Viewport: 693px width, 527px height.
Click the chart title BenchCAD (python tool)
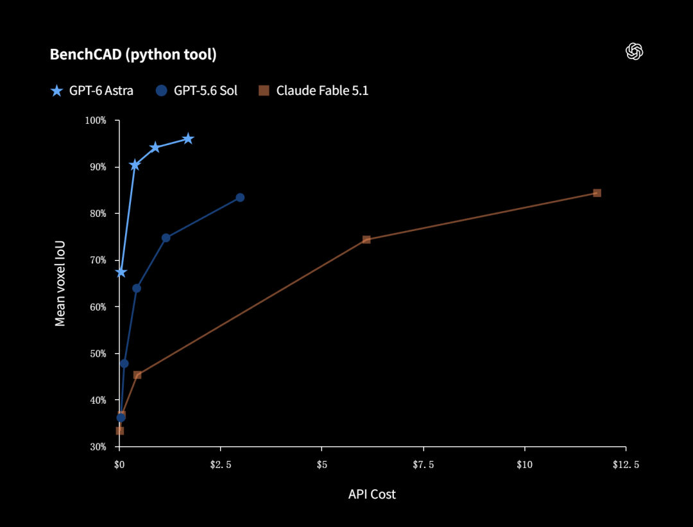[133, 55]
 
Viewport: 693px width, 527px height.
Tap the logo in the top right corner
[634, 51]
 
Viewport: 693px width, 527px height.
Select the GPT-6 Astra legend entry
[92, 91]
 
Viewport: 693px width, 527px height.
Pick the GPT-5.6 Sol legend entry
[197, 91]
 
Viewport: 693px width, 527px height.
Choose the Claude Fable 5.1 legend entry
[313, 91]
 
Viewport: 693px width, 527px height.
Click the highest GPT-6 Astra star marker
[188, 139]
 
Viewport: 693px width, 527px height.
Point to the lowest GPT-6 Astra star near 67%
[121, 272]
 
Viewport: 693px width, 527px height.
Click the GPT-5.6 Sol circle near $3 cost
[240, 197]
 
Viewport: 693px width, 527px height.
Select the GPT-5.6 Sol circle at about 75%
[166, 238]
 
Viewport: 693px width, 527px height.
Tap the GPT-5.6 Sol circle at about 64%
[137, 288]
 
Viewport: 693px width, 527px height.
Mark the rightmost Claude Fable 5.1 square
[597, 193]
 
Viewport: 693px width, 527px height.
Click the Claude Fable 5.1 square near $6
[366, 239]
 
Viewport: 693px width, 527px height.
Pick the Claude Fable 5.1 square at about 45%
[137, 375]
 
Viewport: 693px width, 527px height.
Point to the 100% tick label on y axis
[96, 120]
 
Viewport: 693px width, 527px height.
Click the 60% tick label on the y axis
[98, 307]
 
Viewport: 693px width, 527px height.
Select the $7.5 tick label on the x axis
[424, 465]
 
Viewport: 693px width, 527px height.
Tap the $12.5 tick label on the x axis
[626, 465]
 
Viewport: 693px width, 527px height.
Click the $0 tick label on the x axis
[119, 465]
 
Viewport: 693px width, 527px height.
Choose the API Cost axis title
[372, 494]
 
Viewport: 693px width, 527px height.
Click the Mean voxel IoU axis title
[60, 283]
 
